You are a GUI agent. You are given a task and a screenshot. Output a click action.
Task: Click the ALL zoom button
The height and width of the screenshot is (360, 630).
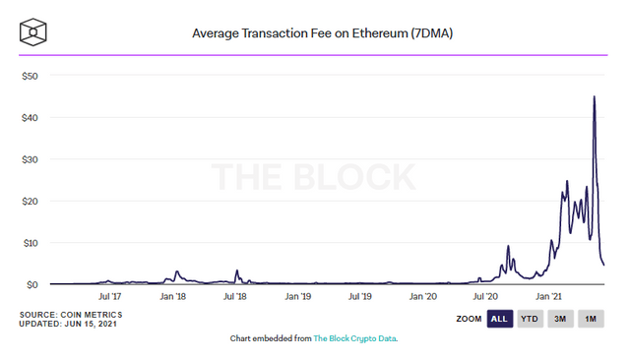pyautogui.click(x=500, y=319)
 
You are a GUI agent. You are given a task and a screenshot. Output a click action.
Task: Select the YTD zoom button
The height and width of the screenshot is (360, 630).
pyautogui.click(x=530, y=319)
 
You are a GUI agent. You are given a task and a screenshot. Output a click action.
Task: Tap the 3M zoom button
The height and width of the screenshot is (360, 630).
pyautogui.click(x=560, y=319)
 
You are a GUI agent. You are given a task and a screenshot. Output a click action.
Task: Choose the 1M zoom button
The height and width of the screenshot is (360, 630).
pyautogui.click(x=591, y=319)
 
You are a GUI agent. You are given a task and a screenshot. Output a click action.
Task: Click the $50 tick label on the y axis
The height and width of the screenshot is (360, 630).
pyautogui.click(x=30, y=76)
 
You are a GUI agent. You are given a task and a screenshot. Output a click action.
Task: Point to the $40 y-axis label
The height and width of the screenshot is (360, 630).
pyautogui.click(x=30, y=118)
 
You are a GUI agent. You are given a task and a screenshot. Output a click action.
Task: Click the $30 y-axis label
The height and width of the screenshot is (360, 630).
pyautogui.click(x=30, y=159)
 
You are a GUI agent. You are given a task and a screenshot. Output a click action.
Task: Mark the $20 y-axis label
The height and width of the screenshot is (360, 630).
pyautogui.click(x=30, y=201)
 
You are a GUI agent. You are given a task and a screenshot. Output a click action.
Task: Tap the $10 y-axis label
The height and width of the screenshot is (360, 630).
pyautogui.click(x=31, y=243)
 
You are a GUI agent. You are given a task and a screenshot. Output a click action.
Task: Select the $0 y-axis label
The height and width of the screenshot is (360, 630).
pyautogui.click(x=32, y=285)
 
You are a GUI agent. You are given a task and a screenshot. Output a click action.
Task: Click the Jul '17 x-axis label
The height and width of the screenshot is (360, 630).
pyautogui.click(x=109, y=297)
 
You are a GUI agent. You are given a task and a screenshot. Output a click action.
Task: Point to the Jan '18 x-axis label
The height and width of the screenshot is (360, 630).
pyautogui.click(x=173, y=297)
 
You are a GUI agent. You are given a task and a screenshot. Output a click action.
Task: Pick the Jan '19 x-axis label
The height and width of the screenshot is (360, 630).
pyautogui.click(x=298, y=297)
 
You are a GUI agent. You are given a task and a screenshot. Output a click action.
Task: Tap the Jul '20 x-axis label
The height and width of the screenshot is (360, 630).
pyautogui.click(x=485, y=297)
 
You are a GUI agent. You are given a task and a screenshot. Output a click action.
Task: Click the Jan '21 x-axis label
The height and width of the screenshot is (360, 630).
pyautogui.click(x=549, y=297)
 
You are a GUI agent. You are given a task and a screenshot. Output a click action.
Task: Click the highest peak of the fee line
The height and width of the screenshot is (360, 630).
pyautogui.click(x=595, y=96)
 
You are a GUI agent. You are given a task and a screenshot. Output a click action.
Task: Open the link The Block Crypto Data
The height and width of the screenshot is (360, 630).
pyautogui.click(x=354, y=338)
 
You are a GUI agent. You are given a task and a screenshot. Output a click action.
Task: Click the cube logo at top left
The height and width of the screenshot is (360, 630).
pyautogui.click(x=32, y=32)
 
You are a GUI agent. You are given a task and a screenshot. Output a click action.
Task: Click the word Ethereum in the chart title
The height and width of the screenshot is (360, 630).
pyautogui.click(x=380, y=32)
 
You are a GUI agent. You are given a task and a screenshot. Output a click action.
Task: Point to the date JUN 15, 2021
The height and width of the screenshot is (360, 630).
pyautogui.click(x=91, y=324)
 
